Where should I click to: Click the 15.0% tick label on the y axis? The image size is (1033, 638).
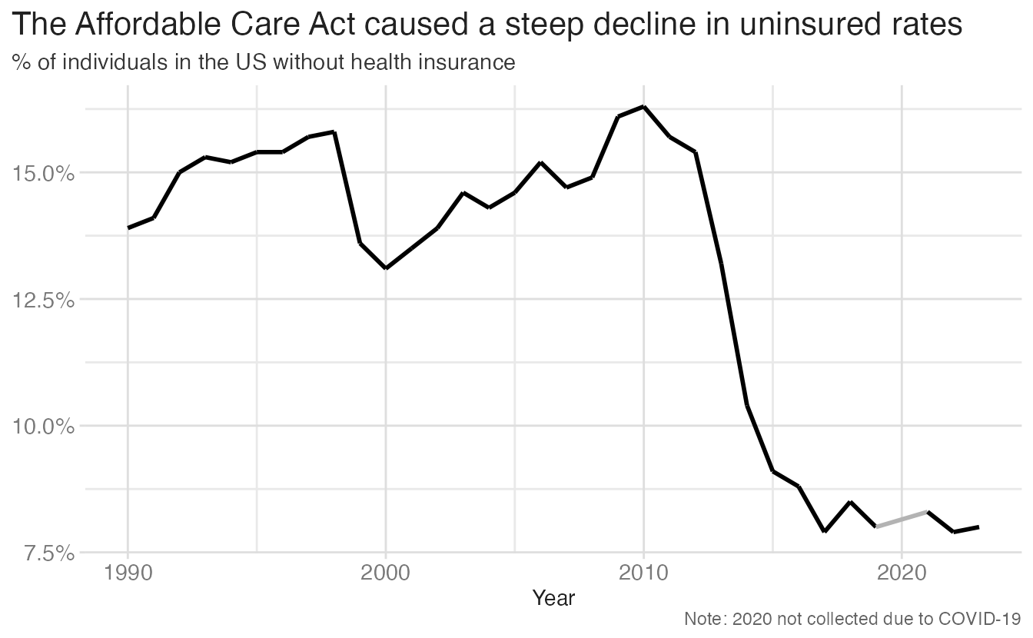click(43, 174)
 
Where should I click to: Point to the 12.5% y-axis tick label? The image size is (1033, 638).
click(43, 301)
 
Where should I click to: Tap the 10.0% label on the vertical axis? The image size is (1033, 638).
click(43, 427)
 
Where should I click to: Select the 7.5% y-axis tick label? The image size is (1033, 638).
click(50, 553)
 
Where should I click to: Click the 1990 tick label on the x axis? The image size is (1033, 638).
click(128, 573)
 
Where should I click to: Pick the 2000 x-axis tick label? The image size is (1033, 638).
click(386, 573)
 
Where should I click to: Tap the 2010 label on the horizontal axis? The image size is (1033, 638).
click(643, 573)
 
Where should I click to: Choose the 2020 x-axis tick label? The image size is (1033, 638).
click(901, 573)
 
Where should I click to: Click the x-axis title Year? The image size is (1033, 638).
click(553, 598)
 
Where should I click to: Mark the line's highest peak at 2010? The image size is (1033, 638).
click(644, 107)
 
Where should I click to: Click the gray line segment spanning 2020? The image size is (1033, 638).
click(902, 519)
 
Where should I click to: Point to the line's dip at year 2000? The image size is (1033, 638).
click(386, 268)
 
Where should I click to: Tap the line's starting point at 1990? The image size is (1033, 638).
click(128, 228)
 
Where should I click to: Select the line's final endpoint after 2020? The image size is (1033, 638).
click(978, 527)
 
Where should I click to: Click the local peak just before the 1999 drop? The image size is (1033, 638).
click(334, 132)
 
